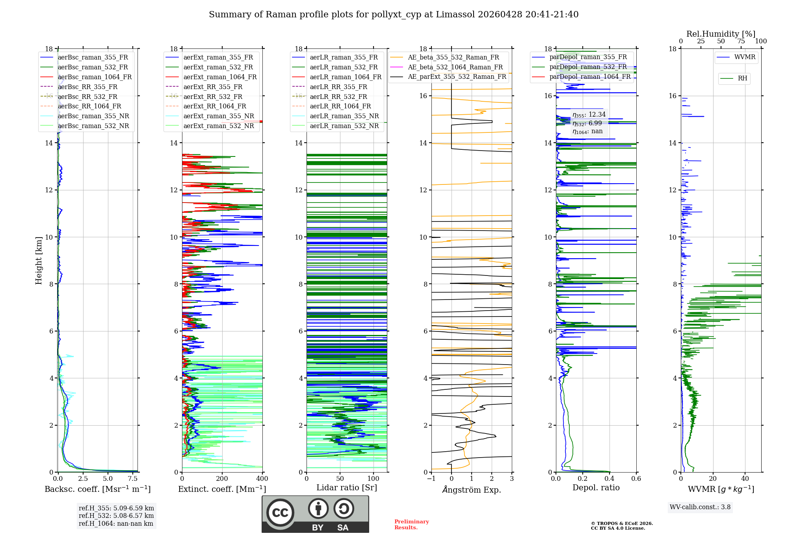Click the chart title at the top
point(394,15)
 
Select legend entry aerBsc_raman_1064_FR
point(95,77)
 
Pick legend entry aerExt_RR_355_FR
point(213,87)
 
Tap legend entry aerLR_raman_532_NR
point(344,126)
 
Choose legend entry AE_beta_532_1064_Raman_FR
point(455,67)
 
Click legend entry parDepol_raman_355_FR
point(588,57)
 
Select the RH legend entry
point(742,78)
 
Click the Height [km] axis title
point(39,260)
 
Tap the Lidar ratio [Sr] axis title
point(347,488)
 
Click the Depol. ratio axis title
point(596,488)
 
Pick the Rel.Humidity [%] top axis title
point(721,34)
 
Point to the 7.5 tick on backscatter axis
point(133,479)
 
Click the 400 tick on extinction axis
point(262,479)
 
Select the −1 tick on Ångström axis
point(431,479)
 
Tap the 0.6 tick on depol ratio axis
point(636,479)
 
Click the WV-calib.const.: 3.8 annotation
point(700,507)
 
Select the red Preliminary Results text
point(411,525)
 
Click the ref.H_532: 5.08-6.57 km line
point(116,516)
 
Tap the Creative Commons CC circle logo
point(280,513)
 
